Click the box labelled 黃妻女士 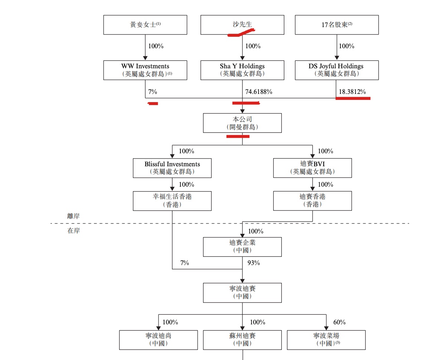click(x=145, y=25)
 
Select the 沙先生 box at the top click(x=242, y=25)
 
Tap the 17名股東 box click(x=337, y=25)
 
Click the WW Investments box click(x=145, y=70)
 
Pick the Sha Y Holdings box click(x=242, y=70)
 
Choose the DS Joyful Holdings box click(x=337, y=70)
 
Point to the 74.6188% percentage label click(x=259, y=92)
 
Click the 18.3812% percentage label click(x=352, y=92)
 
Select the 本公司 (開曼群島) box click(x=242, y=123)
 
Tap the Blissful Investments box click(x=172, y=168)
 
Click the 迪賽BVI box click(x=312, y=168)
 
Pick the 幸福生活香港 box click(x=172, y=201)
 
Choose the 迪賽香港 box click(x=312, y=201)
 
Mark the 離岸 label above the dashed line click(x=73, y=216)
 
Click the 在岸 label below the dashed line click(x=73, y=230)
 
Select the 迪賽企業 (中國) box click(x=242, y=247)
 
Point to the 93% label click(x=254, y=263)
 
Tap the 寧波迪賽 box click(x=242, y=292)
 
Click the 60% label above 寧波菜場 click(x=339, y=322)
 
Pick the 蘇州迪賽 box click(x=242, y=340)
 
